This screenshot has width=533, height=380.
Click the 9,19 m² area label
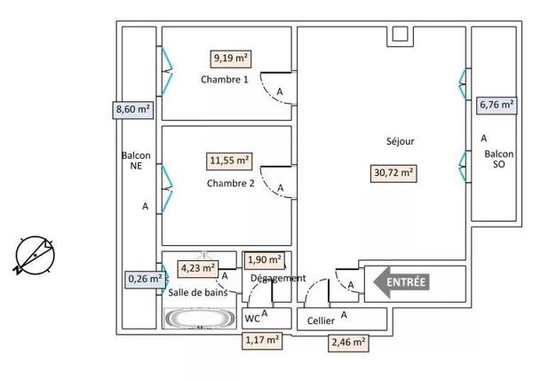click(230, 59)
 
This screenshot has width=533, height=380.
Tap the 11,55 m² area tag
click(230, 162)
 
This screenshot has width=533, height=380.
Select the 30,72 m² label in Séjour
click(393, 173)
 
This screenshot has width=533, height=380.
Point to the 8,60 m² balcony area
click(132, 110)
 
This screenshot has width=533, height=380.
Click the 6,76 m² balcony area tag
click(497, 105)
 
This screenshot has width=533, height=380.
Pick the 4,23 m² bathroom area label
click(198, 266)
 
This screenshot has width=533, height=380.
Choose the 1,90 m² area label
click(264, 260)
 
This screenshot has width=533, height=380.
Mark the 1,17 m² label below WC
click(262, 338)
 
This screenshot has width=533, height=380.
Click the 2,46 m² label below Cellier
click(348, 341)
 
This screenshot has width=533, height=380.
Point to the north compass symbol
click(36, 255)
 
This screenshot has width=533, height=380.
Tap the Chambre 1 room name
click(224, 80)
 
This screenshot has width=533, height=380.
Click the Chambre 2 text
click(230, 184)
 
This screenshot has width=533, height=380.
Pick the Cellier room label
click(321, 321)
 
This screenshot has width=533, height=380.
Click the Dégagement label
click(278, 278)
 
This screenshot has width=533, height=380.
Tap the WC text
click(251, 318)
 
